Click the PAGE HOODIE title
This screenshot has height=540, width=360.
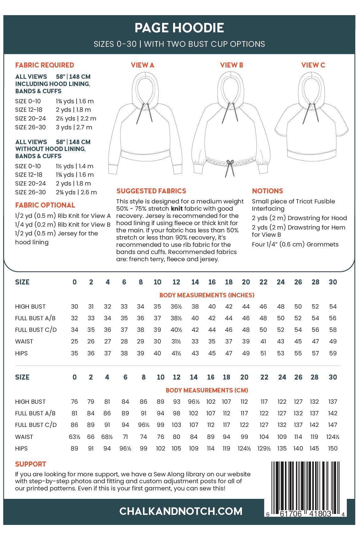click(179, 28)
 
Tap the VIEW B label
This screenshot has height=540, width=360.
click(232, 65)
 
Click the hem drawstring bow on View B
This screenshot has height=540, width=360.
click(230, 164)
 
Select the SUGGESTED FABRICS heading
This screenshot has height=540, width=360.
click(151, 191)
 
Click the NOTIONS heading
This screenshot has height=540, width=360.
click(267, 191)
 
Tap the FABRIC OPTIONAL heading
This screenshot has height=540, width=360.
click(45, 205)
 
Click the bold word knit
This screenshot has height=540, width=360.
click(177, 209)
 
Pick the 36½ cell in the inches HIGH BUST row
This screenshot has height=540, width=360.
click(176, 307)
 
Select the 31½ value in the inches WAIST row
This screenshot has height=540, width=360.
click(176, 342)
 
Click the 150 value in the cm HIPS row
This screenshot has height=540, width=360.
click(333, 449)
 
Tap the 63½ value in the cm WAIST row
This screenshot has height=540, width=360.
click(74, 437)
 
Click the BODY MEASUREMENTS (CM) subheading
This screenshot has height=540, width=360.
click(207, 391)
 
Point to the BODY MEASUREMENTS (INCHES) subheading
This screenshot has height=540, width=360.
click(207, 295)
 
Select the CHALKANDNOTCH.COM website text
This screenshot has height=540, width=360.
click(181, 511)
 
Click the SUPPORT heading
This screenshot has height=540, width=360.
click(30, 464)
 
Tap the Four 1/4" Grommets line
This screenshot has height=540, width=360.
click(295, 245)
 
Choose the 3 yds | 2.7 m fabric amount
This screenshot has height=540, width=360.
click(74, 127)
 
